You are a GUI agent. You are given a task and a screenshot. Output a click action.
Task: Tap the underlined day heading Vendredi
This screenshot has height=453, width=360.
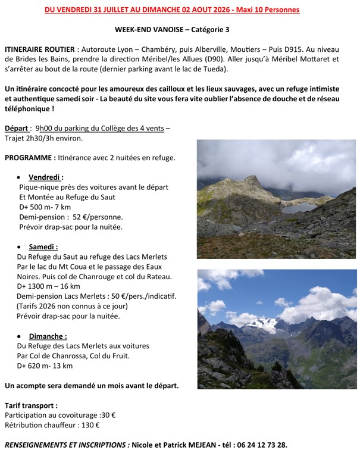[46, 177]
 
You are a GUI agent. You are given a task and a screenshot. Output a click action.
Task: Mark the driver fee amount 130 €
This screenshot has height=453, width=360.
[89, 425]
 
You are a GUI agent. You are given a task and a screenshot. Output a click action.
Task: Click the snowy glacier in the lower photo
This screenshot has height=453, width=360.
[262, 324]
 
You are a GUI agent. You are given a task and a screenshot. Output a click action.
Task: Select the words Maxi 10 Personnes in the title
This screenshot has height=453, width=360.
[268, 10]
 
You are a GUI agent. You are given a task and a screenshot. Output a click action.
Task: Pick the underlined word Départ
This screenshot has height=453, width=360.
[17, 127]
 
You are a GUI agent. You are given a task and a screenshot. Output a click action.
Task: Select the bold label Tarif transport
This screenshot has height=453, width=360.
[31, 405]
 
